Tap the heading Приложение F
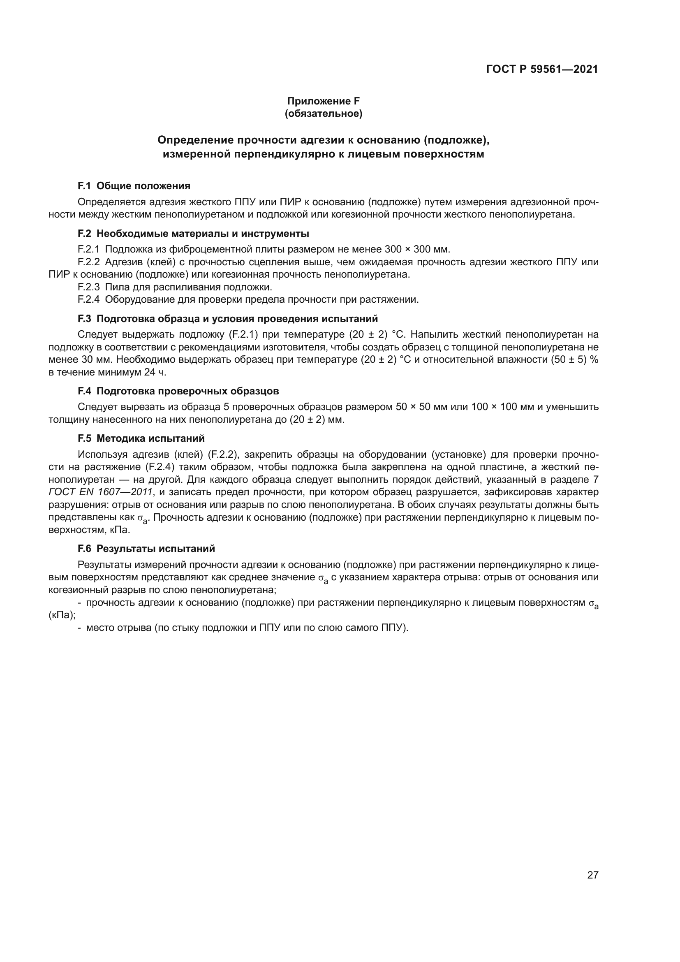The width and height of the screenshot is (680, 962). pyautogui.click(x=323, y=101)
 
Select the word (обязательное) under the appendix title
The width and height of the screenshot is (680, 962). pyautogui.click(x=323, y=114)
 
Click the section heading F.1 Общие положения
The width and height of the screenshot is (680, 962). pyautogui.click(x=134, y=186)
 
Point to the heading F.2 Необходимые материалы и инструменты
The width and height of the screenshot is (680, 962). pyautogui.click(x=194, y=234)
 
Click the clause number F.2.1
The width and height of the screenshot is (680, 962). pyautogui.click(x=89, y=250)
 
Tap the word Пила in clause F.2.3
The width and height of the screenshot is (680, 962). pyautogui.click(x=114, y=287)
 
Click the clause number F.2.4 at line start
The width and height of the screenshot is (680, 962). pyautogui.click(x=89, y=300)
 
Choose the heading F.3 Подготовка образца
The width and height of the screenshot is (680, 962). pyautogui.click(x=228, y=319)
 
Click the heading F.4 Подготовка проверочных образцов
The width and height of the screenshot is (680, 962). pyautogui.click(x=178, y=391)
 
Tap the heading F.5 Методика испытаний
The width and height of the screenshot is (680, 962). pyautogui.click(x=141, y=439)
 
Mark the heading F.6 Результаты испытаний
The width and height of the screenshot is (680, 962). pyautogui.click(x=146, y=549)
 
